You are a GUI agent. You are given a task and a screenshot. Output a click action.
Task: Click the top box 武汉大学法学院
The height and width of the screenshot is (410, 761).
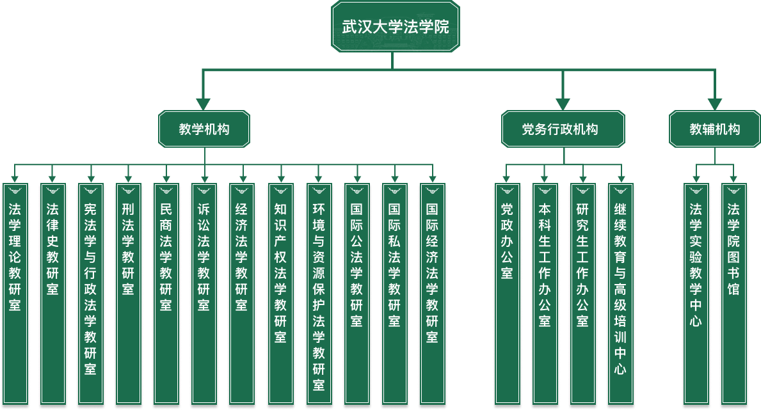tap(395, 27)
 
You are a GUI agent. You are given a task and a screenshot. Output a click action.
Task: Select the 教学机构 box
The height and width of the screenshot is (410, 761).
tap(204, 129)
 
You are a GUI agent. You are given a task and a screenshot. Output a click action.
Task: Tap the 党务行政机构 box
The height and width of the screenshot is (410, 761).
tap(563, 129)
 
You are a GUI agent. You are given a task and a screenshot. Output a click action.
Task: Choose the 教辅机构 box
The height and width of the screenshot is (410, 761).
tap(714, 129)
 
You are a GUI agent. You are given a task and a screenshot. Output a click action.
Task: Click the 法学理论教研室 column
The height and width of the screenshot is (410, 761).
tap(15, 294)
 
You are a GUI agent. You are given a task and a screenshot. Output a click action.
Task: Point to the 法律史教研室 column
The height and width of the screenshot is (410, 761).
tap(52, 294)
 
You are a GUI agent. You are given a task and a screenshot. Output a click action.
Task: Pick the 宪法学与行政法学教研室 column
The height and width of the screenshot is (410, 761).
tap(90, 294)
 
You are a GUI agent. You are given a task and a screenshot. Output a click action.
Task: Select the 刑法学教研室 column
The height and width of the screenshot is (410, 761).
tap(128, 294)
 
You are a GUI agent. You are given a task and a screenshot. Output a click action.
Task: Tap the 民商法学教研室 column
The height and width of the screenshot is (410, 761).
tap(166, 294)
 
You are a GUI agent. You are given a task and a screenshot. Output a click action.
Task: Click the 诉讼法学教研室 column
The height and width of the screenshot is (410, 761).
tap(204, 294)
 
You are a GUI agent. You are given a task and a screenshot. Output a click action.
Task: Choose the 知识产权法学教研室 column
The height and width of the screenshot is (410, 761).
tap(280, 294)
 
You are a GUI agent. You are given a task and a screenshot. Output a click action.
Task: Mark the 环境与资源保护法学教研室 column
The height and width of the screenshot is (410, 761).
tap(318, 294)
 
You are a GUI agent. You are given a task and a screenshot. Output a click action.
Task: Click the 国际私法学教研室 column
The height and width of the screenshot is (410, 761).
tap(394, 294)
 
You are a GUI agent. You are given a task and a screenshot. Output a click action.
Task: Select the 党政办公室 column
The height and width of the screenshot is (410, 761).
tap(507, 294)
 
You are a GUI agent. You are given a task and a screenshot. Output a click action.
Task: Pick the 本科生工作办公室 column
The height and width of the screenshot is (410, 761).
tap(545, 294)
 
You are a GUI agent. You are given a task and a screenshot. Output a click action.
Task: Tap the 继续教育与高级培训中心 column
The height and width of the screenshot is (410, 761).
tap(620, 294)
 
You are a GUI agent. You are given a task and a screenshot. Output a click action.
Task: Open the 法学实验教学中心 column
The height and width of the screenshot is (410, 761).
tap(696, 294)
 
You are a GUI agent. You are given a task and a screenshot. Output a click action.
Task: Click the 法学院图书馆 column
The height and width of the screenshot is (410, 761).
tap(733, 294)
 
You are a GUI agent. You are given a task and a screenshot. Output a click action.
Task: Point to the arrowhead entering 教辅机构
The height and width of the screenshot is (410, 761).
tap(714, 104)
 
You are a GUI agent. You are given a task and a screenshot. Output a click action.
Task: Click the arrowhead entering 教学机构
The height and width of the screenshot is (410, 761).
tap(204, 104)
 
